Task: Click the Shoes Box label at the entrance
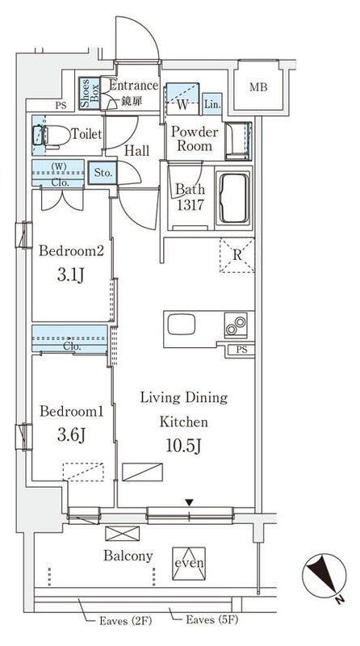[x=90, y=94]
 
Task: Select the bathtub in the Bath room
[x=232, y=199]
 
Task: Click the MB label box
[x=258, y=87]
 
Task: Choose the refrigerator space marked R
[x=237, y=254]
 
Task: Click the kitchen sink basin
[x=182, y=324]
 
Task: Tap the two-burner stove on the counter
[x=236, y=325]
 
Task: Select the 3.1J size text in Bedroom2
[x=71, y=275]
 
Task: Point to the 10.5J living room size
[x=183, y=446]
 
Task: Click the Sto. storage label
[x=103, y=173]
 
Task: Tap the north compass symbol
[x=324, y=576]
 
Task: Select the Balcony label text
[x=128, y=556]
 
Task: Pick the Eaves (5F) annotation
[x=212, y=619]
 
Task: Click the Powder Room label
[x=195, y=139]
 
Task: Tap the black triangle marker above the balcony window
[x=189, y=502]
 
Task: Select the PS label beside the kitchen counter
[x=242, y=350]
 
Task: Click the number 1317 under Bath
[x=190, y=204]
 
